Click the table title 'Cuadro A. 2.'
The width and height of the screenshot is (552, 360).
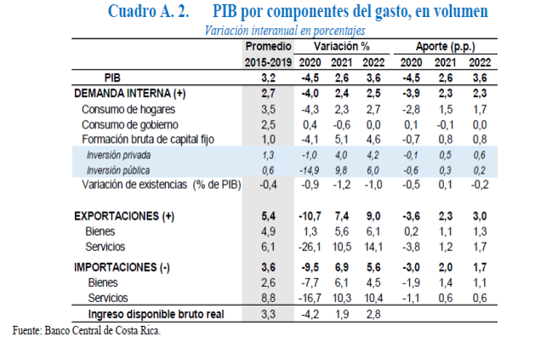coord(148,13)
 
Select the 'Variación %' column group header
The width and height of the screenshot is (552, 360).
coord(341,46)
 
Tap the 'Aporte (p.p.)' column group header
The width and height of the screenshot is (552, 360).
coord(446,46)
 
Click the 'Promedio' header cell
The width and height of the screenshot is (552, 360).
coord(268,46)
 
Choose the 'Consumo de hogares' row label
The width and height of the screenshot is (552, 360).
coord(130,108)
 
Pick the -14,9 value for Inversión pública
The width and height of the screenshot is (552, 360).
coord(309,169)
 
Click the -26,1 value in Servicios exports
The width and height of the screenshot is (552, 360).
coord(309,247)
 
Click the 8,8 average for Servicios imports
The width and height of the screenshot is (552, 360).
coord(267,298)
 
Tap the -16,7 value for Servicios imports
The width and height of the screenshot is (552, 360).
coord(309,298)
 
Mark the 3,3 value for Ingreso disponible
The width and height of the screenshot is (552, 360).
coord(267,314)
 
